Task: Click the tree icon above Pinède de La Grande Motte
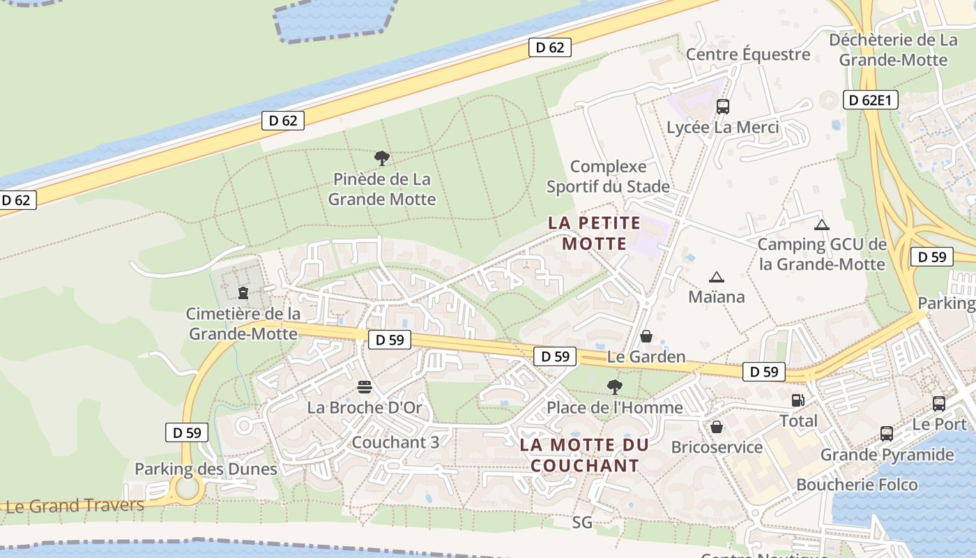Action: [x=381, y=158]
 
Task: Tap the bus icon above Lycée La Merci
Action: [x=722, y=107]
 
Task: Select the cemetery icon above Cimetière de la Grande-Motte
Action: [x=243, y=293]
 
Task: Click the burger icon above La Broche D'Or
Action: [x=365, y=386]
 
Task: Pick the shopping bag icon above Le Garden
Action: [x=646, y=336]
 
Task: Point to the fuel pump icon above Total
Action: [x=798, y=400]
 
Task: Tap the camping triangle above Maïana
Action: [x=716, y=277]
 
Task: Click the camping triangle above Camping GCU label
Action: [x=822, y=225]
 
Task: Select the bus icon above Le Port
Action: [x=939, y=403]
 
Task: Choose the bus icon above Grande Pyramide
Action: [x=886, y=434]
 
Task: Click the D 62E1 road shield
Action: [x=870, y=100]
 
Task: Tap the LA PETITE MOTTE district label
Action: [x=594, y=233]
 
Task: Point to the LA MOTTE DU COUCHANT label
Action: [x=584, y=455]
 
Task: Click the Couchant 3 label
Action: [x=395, y=442]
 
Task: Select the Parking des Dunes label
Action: [x=206, y=469]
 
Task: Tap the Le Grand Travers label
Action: [x=75, y=506]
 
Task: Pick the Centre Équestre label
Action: [x=747, y=54]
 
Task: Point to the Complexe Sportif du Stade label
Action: [x=608, y=176]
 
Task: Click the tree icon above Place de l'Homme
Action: [x=614, y=386]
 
